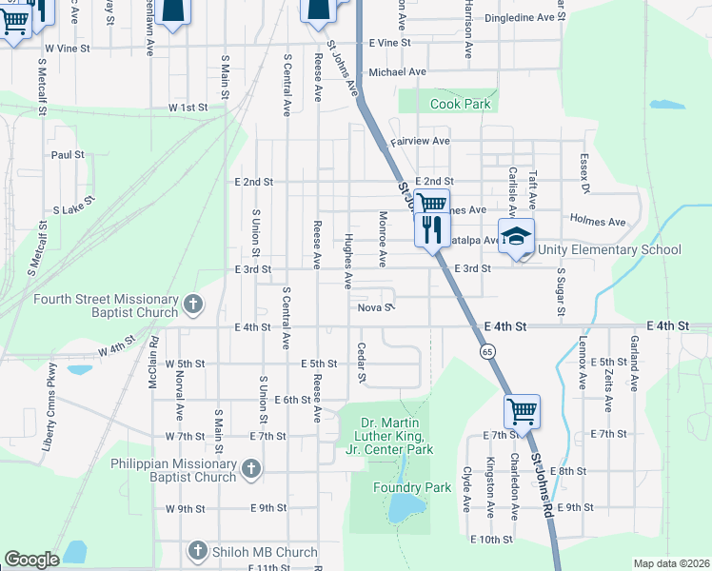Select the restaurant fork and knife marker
432,228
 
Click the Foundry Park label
425,487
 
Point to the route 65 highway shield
487,352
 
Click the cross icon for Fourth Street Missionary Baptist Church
193,305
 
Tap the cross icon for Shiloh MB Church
197,551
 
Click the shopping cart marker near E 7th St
522,411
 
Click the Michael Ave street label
398,71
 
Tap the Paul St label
69,154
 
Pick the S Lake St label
74,206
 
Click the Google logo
32,560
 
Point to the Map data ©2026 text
671,563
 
